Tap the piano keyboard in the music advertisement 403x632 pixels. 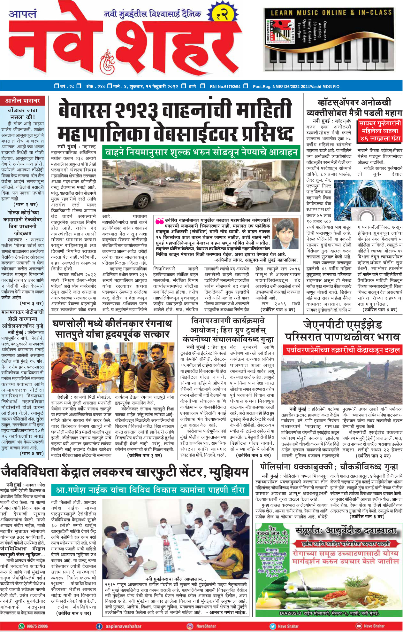pos(329,60)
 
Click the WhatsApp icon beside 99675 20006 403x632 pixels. pos(21,626)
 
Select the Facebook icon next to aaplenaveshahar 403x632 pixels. pos(99,626)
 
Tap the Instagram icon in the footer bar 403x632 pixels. pos(190,626)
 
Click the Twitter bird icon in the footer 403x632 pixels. pos(272,626)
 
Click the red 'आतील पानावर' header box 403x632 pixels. pos(22,101)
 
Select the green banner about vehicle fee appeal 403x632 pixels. pos(201,152)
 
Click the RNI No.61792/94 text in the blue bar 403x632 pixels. pos(225,86)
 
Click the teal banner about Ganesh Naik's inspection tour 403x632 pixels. pos(150,490)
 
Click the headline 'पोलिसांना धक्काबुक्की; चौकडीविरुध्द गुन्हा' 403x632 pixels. pos(329,466)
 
